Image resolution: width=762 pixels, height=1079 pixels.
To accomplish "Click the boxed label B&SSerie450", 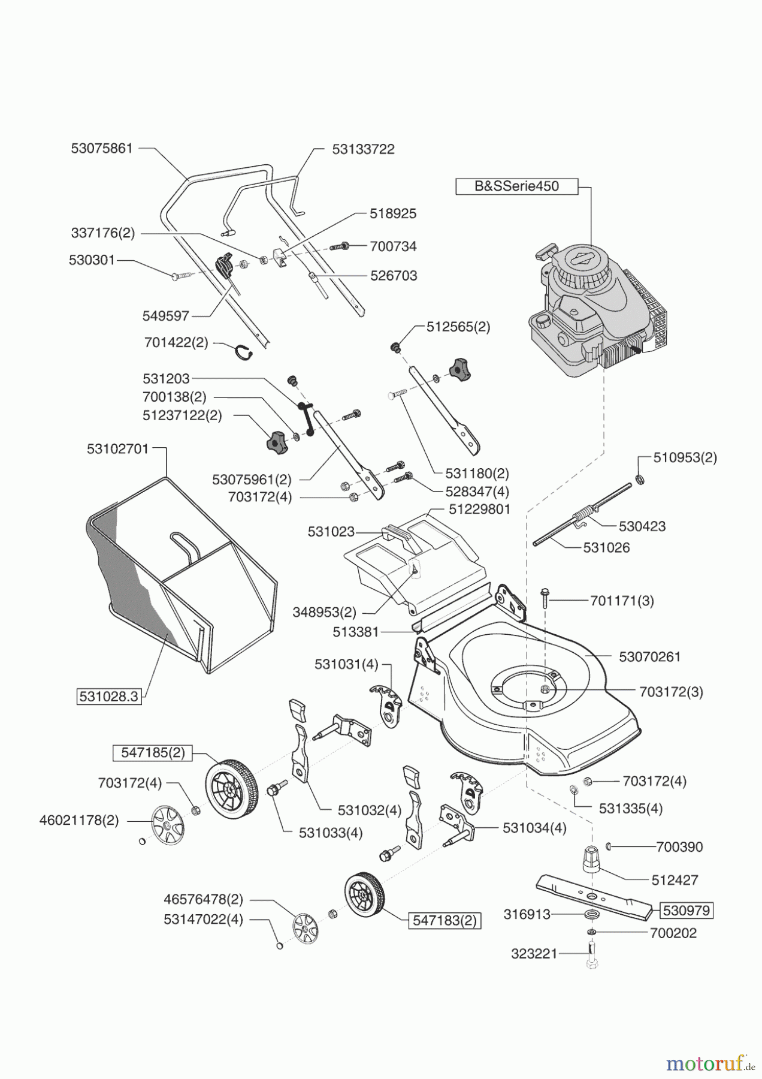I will pos(516,186).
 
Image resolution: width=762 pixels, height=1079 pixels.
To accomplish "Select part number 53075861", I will pos(101,149).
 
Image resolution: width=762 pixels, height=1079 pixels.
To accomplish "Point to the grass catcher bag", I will pos(180,569).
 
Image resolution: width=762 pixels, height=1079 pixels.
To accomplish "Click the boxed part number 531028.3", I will pos(109,697).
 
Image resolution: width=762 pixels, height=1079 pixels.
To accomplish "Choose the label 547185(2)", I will pos(153,753).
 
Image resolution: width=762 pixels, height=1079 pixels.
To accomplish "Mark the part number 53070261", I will pos(650,657).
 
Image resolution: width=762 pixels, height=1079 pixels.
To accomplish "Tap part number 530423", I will pos(642,526).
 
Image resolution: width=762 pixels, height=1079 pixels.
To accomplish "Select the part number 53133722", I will pos(364,149).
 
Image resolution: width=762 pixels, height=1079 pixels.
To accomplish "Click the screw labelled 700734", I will pos(341,246).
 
